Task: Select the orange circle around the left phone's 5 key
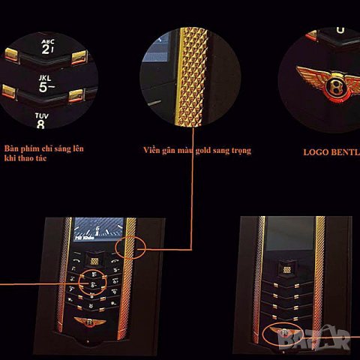[90, 283]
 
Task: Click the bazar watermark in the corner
[330, 342]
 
